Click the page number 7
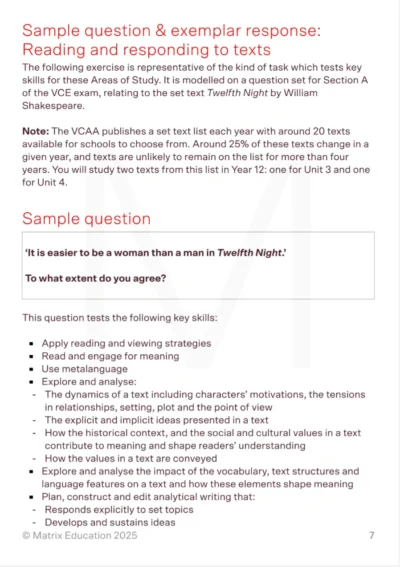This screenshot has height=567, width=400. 371,536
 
